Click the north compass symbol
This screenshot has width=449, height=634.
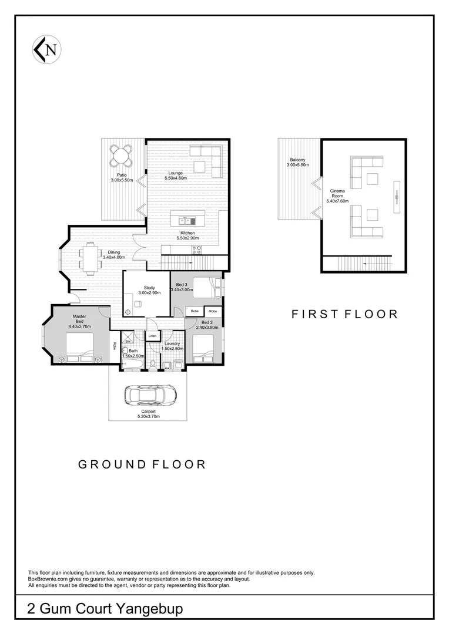point(48,49)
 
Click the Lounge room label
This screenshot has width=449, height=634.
point(175,173)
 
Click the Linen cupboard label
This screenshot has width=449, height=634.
point(152,336)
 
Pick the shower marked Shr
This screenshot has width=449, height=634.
point(128,340)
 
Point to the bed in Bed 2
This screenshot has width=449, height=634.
point(206,349)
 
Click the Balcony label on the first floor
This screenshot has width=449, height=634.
point(297,160)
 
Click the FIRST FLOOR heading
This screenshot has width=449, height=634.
point(344,314)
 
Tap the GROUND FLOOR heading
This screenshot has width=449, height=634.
point(142,464)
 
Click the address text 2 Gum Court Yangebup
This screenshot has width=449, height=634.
point(105,609)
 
